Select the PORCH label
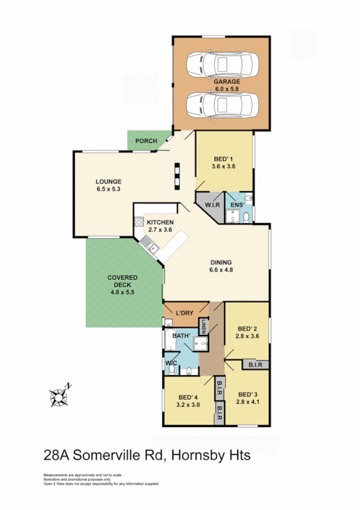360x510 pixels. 146,141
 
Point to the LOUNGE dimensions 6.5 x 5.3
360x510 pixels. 109,189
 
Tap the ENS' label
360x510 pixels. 237,205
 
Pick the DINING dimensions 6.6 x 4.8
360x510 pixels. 221,270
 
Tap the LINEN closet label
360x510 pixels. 204,327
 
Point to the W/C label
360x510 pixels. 171,363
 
